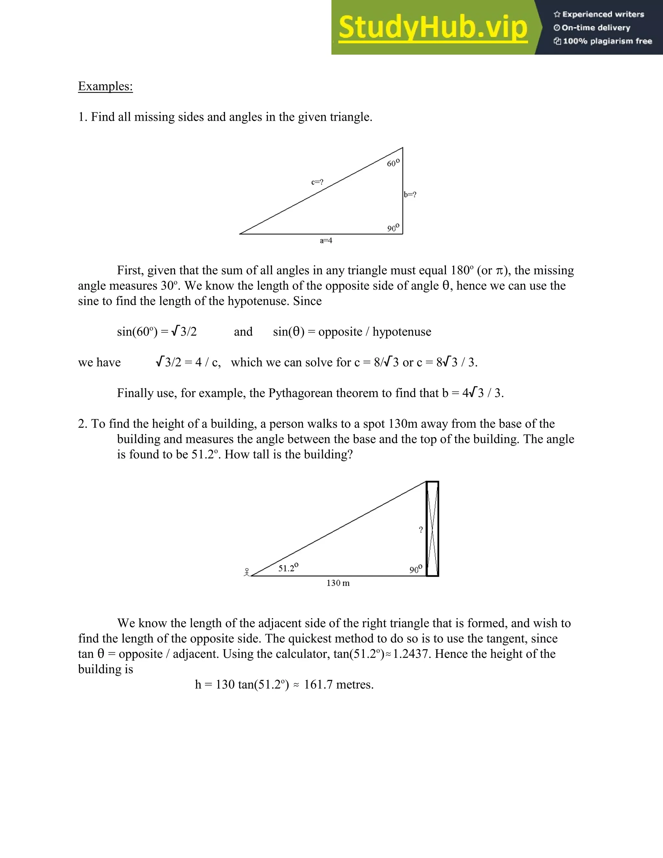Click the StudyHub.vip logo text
click(x=433, y=28)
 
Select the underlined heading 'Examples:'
click(x=105, y=86)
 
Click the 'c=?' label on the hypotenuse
click(x=317, y=182)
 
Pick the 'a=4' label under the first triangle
click(x=326, y=241)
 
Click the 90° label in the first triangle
click(x=393, y=228)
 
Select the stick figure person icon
click(x=247, y=572)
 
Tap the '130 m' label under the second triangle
click(x=338, y=583)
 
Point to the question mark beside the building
click(x=421, y=530)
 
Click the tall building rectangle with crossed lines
click(x=433, y=529)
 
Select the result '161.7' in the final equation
click(x=318, y=684)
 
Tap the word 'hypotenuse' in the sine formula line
click(x=401, y=332)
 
